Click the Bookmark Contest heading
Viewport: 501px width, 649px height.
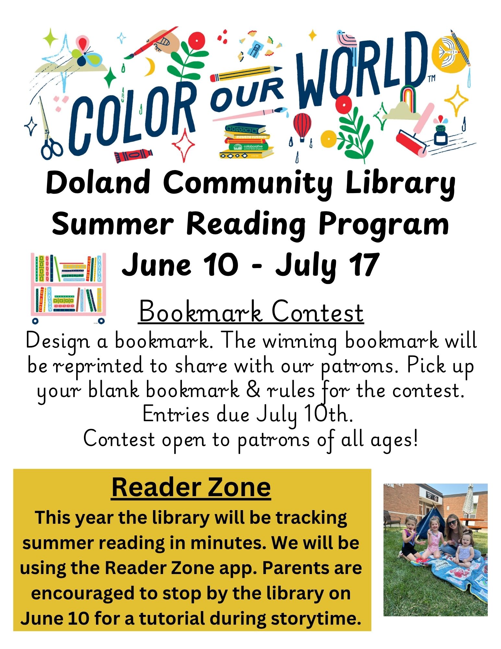click(x=251, y=312)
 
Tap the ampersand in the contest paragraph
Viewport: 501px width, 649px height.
click(x=253, y=390)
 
